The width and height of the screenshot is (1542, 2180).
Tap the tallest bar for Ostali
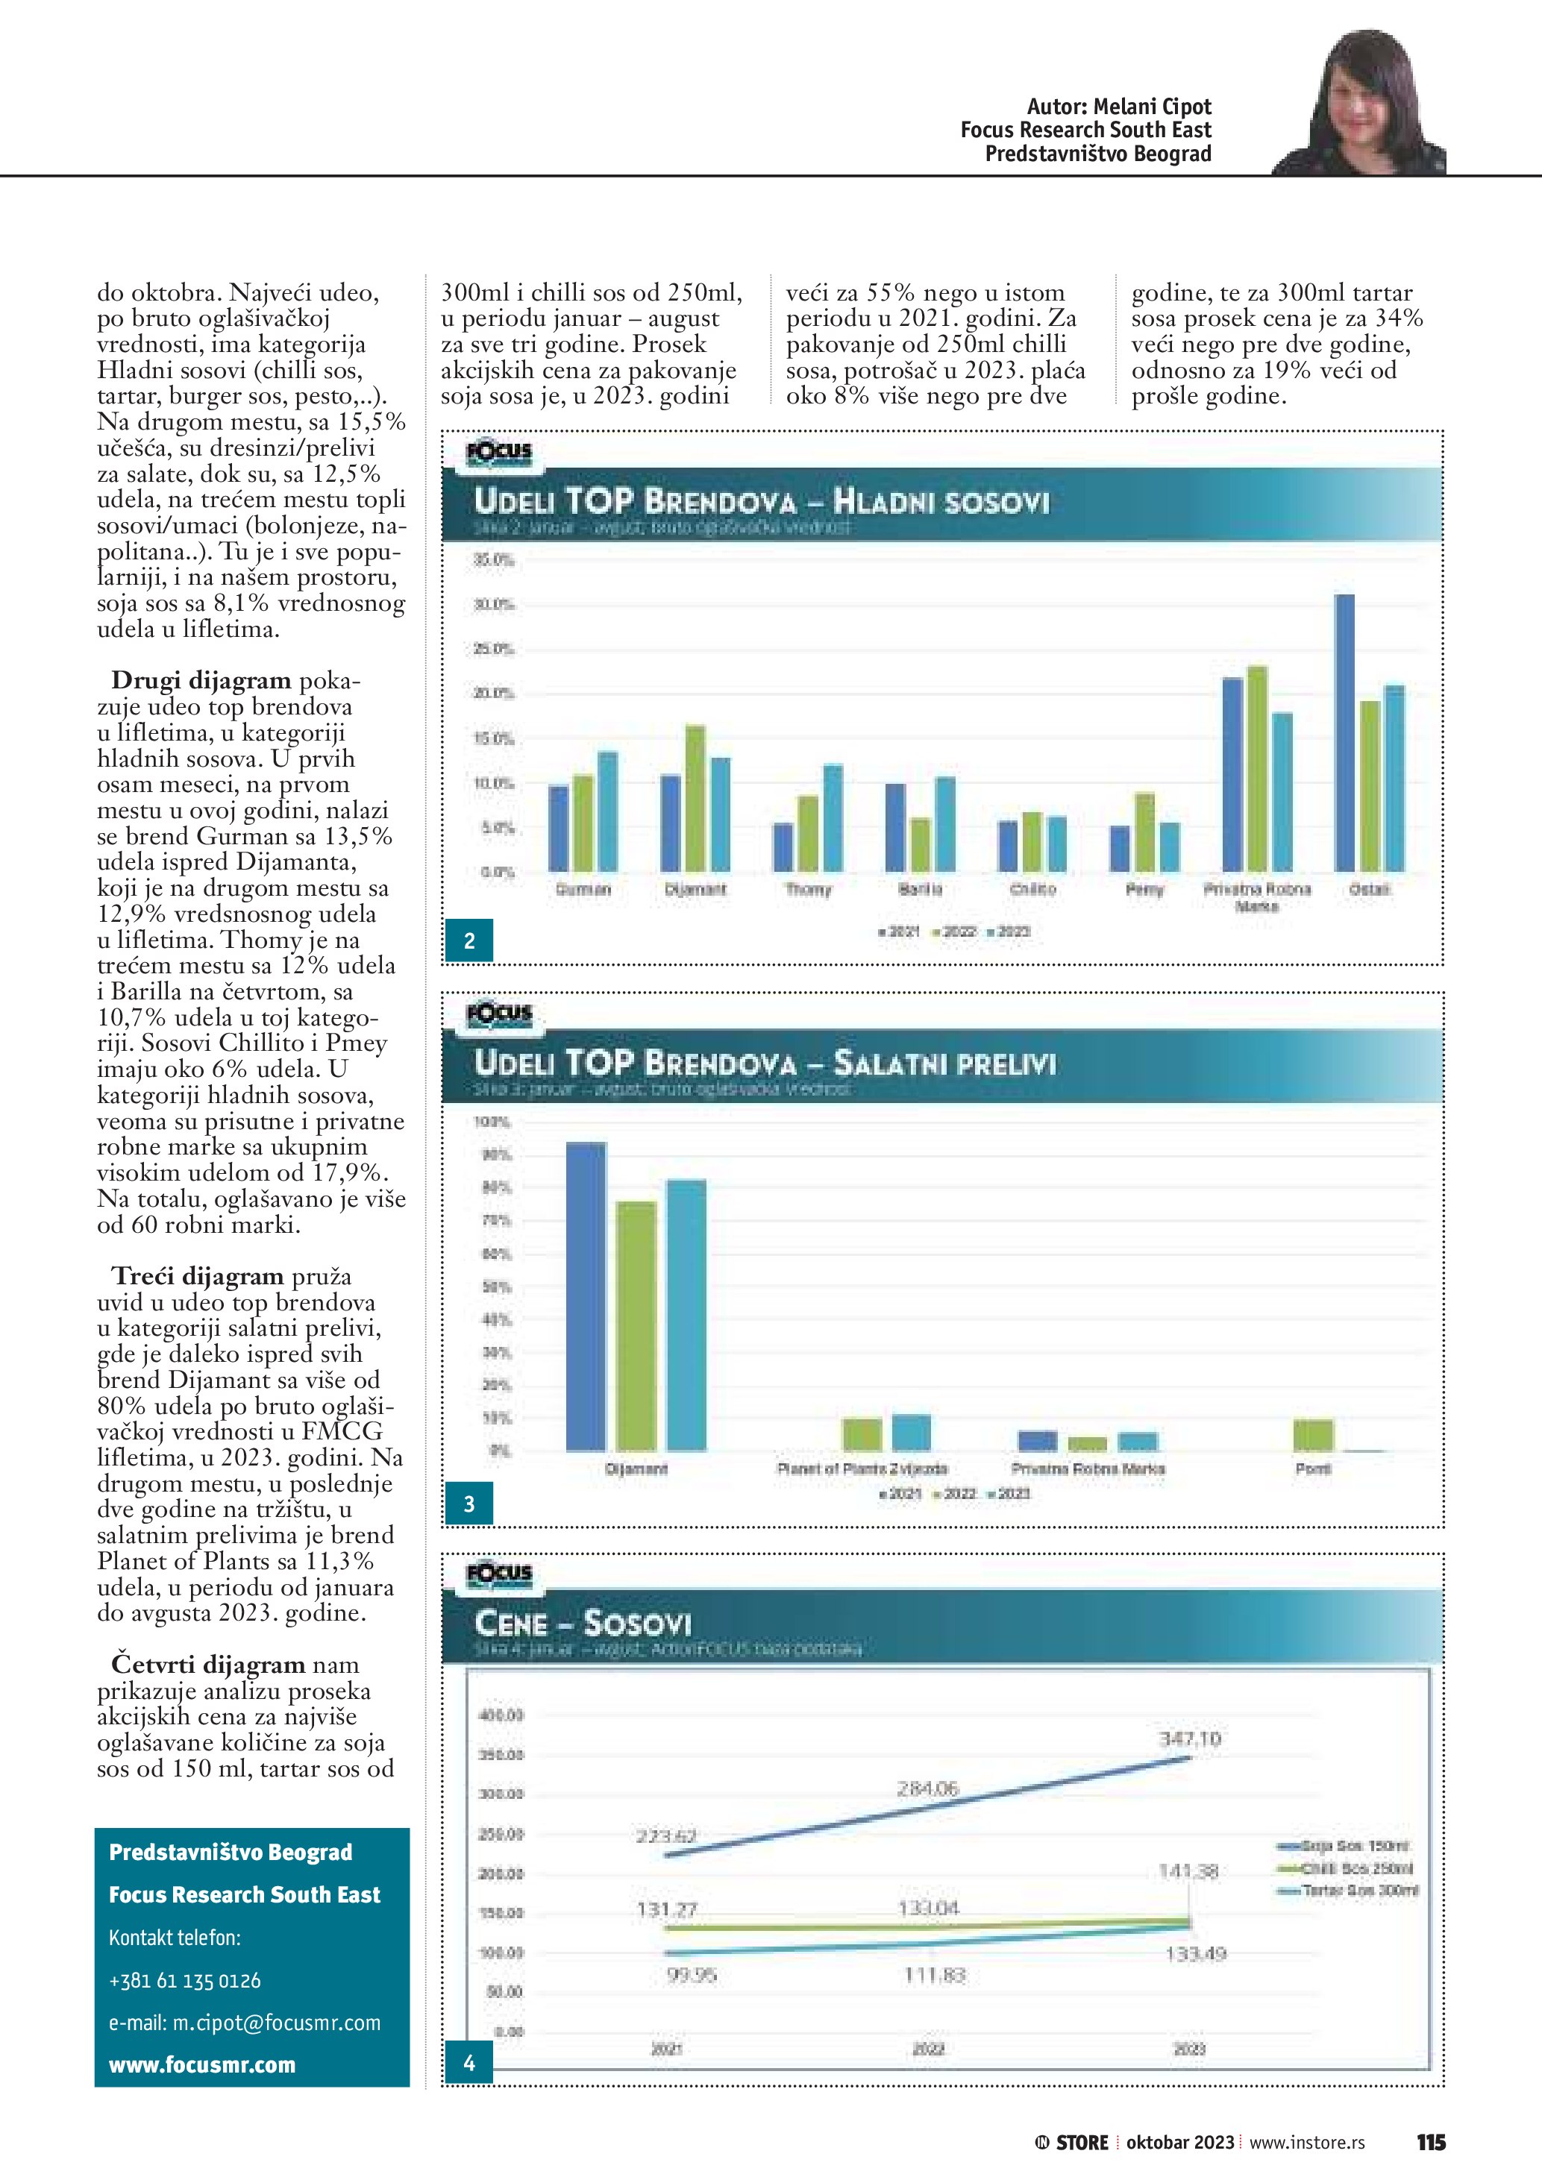tap(1344, 733)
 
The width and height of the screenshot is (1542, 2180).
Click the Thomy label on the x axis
tap(808, 890)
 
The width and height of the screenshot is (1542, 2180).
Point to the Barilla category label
tap(920, 890)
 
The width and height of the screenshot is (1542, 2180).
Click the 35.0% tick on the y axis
tap(494, 561)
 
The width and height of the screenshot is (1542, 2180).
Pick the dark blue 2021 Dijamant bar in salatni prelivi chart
tap(586, 1297)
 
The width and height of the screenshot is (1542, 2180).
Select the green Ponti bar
tap(1313, 1435)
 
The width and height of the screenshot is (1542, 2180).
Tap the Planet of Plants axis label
tap(862, 1468)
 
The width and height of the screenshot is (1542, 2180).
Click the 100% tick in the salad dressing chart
tap(492, 1122)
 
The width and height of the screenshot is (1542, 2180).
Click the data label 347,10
tap(1190, 1739)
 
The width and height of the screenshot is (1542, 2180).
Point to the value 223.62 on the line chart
tap(665, 1836)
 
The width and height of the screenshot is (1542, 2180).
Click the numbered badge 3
tap(469, 1504)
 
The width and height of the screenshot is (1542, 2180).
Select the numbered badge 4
tap(469, 2063)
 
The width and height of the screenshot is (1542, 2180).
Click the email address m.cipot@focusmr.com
tap(244, 2023)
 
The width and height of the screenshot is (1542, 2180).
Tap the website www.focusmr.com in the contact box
tap(202, 2065)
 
